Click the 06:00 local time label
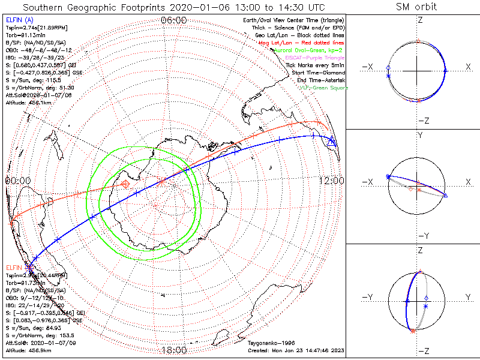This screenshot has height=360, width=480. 174,20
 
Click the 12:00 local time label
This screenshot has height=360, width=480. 332,181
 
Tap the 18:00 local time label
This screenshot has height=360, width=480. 174,350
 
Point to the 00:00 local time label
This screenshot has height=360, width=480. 18,180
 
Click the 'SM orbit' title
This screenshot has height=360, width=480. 416,7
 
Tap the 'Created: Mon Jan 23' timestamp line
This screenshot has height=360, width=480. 295,350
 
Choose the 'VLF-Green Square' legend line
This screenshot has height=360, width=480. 323,88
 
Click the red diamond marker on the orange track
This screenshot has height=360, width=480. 125,184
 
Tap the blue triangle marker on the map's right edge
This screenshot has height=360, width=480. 332,142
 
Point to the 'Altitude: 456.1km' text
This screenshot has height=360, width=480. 28,103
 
